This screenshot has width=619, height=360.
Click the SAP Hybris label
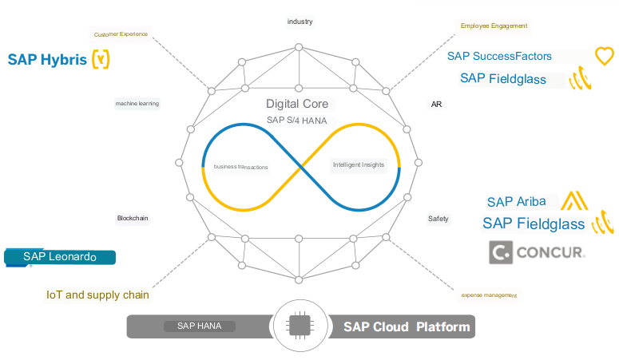(x=47, y=60)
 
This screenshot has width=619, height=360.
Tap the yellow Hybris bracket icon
(x=101, y=60)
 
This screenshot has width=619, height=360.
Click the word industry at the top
(x=300, y=21)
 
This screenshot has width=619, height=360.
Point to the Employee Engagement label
(x=494, y=26)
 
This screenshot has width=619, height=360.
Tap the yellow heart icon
(x=605, y=56)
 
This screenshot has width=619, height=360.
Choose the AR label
(x=436, y=105)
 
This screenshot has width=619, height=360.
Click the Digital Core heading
(x=297, y=104)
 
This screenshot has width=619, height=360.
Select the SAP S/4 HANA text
(x=297, y=121)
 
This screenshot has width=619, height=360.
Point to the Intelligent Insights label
(x=359, y=165)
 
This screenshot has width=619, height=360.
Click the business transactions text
(x=241, y=167)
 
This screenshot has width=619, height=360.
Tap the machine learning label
(x=137, y=103)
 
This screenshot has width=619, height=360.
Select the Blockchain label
(x=133, y=217)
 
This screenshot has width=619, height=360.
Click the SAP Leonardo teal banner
(x=60, y=256)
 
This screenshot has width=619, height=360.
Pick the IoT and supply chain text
(x=97, y=295)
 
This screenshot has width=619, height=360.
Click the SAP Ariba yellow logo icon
(x=574, y=200)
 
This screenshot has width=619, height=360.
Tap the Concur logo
(x=538, y=254)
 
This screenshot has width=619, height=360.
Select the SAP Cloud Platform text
(x=407, y=326)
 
